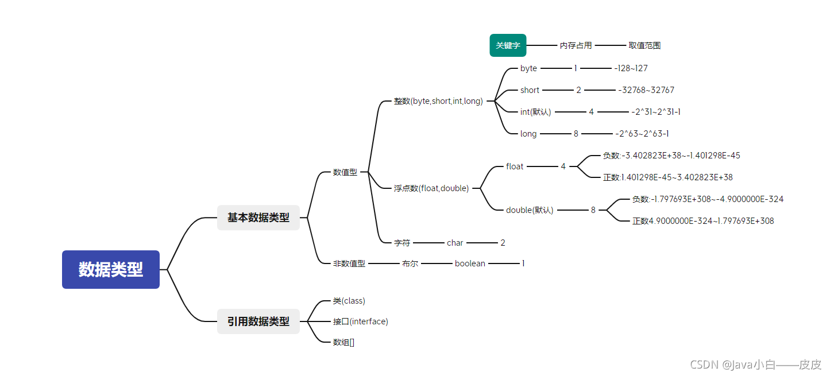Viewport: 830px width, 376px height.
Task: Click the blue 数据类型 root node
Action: (x=111, y=269)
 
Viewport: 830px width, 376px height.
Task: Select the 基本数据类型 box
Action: (x=258, y=218)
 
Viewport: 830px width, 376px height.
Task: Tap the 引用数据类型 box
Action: (x=258, y=321)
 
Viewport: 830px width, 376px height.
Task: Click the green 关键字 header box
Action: (x=508, y=45)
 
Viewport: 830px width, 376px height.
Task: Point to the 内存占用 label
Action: (x=576, y=45)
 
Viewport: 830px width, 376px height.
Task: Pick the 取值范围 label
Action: (x=644, y=45)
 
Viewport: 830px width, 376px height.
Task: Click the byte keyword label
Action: (x=528, y=68)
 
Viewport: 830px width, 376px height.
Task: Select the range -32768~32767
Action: (x=646, y=90)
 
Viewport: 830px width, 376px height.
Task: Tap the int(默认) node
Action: (x=535, y=112)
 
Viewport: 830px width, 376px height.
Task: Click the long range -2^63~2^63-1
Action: (x=642, y=134)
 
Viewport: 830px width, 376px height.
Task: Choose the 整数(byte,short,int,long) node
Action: (x=438, y=101)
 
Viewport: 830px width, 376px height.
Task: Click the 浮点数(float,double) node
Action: (x=431, y=188)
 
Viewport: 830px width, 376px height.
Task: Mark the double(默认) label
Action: (x=530, y=210)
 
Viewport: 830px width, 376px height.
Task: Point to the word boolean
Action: (x=470, y=263)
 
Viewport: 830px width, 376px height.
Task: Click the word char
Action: (x=455, y=243)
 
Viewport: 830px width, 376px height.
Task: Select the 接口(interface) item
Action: (x=360, y=321)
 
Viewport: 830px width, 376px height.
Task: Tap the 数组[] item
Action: (x=343, y=342)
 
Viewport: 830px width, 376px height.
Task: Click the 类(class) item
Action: (x=349, y=301)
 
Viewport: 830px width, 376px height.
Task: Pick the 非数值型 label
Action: (x=349, y=263)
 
